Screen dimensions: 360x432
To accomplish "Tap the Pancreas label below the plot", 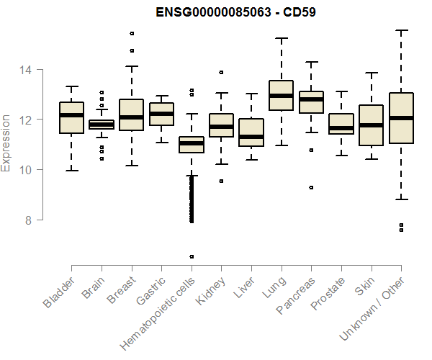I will (295, 296).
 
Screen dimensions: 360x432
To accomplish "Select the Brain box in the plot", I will (102, 125).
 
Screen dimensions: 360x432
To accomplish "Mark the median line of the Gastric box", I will (161, 114).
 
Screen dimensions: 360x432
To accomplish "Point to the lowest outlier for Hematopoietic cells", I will (192, 256).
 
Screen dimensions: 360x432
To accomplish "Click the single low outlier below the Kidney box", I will (221, 181).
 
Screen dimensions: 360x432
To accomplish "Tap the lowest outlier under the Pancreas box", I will (311, 187).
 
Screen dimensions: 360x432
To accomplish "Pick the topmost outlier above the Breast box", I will (132, 34).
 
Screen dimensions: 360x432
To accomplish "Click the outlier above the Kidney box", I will (221, 72).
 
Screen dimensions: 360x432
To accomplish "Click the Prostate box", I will (341, 124).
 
